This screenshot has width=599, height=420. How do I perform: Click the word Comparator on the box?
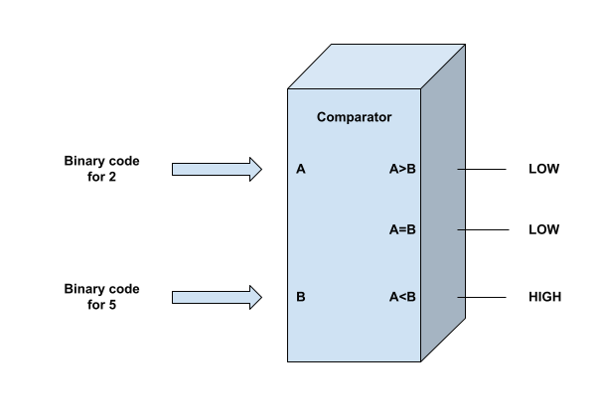pos(354,117)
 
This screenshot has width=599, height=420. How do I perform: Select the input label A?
pos(300,169)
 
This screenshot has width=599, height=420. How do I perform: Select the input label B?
pos(300,297)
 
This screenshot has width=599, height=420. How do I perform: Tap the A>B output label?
pos(402,169)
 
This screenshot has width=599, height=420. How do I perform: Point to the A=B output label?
pos(402,229)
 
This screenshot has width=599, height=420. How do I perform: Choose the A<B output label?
pos(402,297)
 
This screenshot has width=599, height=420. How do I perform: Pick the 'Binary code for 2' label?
pos(102,168)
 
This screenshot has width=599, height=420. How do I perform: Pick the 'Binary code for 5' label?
pos(102,296)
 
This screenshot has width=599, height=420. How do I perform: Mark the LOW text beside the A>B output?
pos(544,170)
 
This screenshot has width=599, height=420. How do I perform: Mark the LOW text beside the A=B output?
pos(544,229)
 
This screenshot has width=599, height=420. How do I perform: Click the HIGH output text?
pos(544,297)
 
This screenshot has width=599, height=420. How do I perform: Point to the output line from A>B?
pos(492,170)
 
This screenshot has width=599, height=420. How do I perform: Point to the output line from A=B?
pos(492,229)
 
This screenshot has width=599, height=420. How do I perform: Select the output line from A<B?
pos(492,297)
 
